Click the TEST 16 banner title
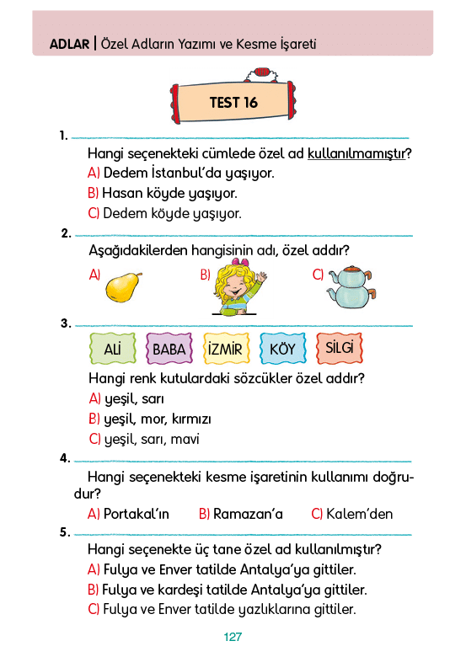(x=233, y=102)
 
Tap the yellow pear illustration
(x=123, y=287)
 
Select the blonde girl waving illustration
(x=238, y=287)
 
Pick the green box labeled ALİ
(x=113, y=348)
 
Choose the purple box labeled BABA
(x=169, y=348)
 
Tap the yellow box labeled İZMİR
(x=226, y=348)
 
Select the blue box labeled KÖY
(x=282, y=348)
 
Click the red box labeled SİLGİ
(x=340, y=348)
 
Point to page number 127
(x=233, y=637)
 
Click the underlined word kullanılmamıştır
(x=356, y=154)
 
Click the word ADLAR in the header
(x=70, y=44)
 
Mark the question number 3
(x=66, y=323)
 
